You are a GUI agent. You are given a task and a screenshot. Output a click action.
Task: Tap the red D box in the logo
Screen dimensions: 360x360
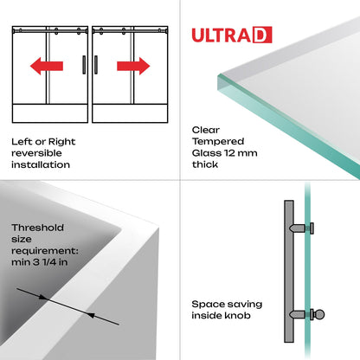(263, 35)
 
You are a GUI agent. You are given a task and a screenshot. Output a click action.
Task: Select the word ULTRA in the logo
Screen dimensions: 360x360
(222, 35)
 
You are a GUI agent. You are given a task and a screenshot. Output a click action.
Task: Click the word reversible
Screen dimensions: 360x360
(36, 152)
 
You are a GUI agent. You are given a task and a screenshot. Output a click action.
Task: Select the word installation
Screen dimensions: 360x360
(41, 164)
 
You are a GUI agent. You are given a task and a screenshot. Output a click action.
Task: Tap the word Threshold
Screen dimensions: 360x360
(38, 228)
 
